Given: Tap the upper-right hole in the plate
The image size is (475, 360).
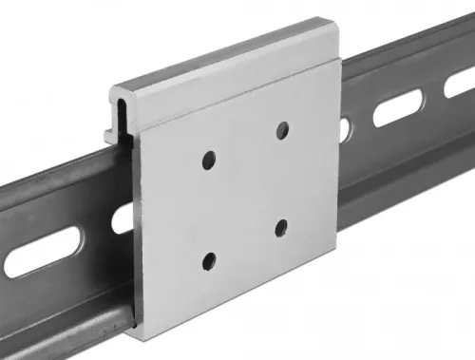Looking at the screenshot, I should pos(281,128).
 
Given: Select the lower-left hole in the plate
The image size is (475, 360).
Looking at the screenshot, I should pos(209,258).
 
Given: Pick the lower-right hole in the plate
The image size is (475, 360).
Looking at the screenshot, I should pos(282,227).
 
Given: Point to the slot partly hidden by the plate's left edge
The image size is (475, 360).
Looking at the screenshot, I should pos(123,219).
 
